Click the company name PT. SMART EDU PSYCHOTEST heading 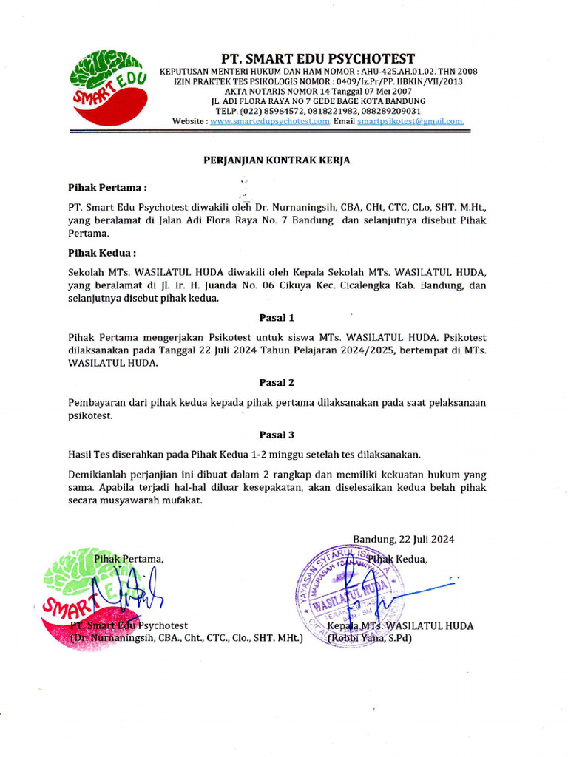(318, 58)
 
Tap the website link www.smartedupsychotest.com (269, 120)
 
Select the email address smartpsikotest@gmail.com (410, 120)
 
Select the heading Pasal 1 (277, 317)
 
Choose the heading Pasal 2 (277, 382)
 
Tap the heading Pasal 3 (277, 435)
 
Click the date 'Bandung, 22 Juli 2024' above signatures (403, 539)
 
